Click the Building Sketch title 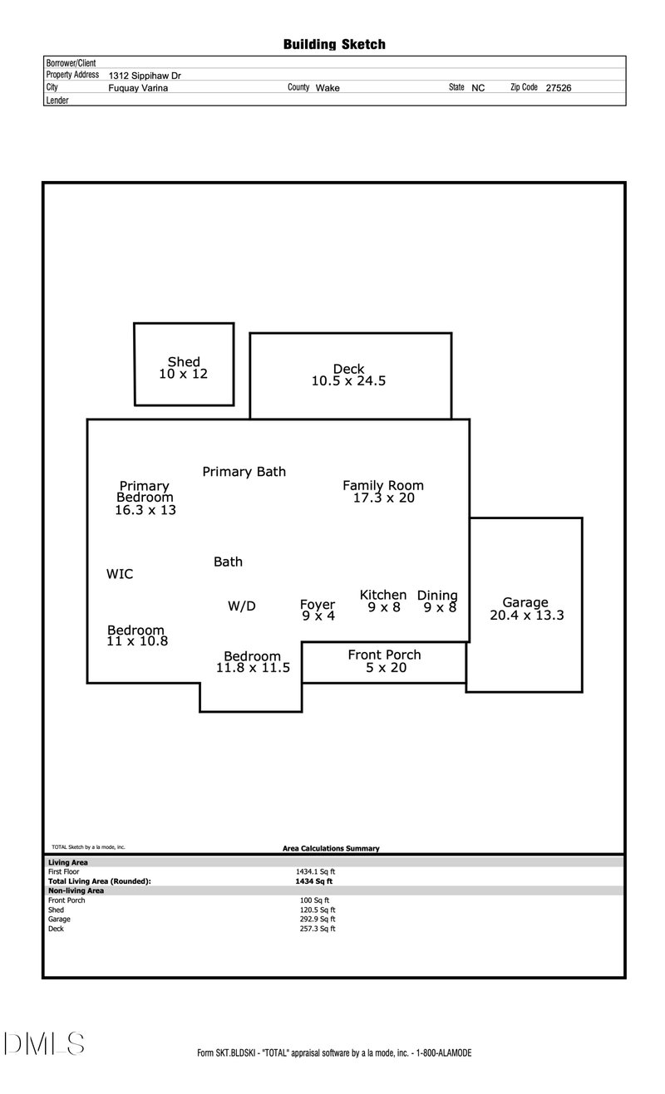(x=334, y=45)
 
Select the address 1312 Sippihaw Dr (x=145, y=76)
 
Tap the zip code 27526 (x=558, y=87)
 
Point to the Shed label (x=184, y=362)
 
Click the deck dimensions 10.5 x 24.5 (x=348, y=381)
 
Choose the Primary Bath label (x=244, y=472)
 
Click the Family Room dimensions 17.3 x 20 (x=383, y=498)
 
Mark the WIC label (x=120, y=574)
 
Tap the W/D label (x=242, y=606)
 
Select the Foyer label (x=318, y=605)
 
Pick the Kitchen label (x=383, y=595)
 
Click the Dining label (x=437, y=595)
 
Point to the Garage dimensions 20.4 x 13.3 (x=526, y=616)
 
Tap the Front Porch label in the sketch (x=384, y=655)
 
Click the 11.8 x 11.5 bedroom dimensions (x=253, y=667)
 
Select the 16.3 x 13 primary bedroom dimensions (x=145, y=510)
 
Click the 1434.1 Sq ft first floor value (x=315, y=871)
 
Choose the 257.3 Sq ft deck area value (x=318, y=929)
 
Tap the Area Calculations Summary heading (x=331, y=848)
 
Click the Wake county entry (x=328, y=87)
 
